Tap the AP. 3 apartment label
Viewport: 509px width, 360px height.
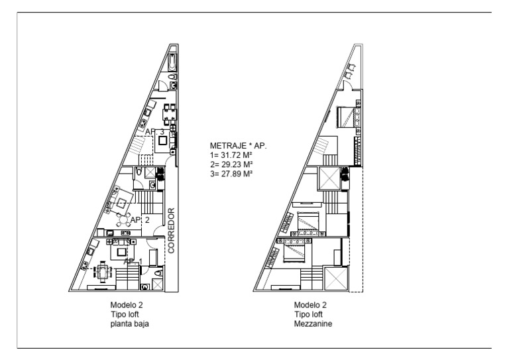[x=155, y=132]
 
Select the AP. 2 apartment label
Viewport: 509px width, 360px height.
[x=140, y=219]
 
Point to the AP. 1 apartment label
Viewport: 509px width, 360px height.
[x=133, y=261]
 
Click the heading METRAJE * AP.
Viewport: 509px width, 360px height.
[x=238, y=145]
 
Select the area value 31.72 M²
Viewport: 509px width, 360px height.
[x=232, y=154]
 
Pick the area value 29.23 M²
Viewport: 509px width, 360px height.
[x=232, y=164]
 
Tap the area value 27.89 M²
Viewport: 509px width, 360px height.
[x=232, y=173]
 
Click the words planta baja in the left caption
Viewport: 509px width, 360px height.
[x=129, y=324]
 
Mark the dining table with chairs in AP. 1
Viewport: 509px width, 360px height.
[x=103, y=272]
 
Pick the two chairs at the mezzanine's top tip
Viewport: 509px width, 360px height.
[x=353, y=68]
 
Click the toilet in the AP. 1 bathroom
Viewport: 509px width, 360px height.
[x=158, y=272]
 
